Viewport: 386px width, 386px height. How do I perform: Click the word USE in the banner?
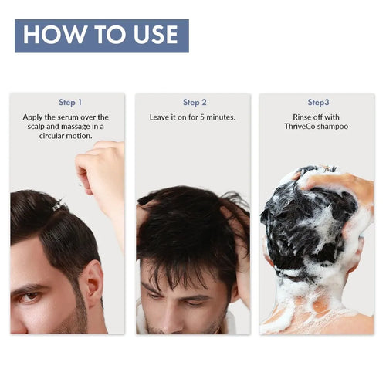[x=156, y=35]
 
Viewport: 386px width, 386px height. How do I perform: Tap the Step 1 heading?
[x=70, y=103]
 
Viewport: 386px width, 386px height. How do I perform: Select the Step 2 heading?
[x=195, y=103]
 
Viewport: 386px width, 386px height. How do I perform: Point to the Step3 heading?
[x=319, y=102]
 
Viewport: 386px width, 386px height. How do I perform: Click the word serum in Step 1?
[x=68, y=117]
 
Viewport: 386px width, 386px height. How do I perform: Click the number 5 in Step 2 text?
[x=202, y=117]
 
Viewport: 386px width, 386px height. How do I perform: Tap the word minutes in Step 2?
[x=221, y=117]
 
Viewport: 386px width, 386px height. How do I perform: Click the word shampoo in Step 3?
[x=333, y=127]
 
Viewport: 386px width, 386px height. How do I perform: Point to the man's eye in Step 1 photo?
[x=30, y=296]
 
